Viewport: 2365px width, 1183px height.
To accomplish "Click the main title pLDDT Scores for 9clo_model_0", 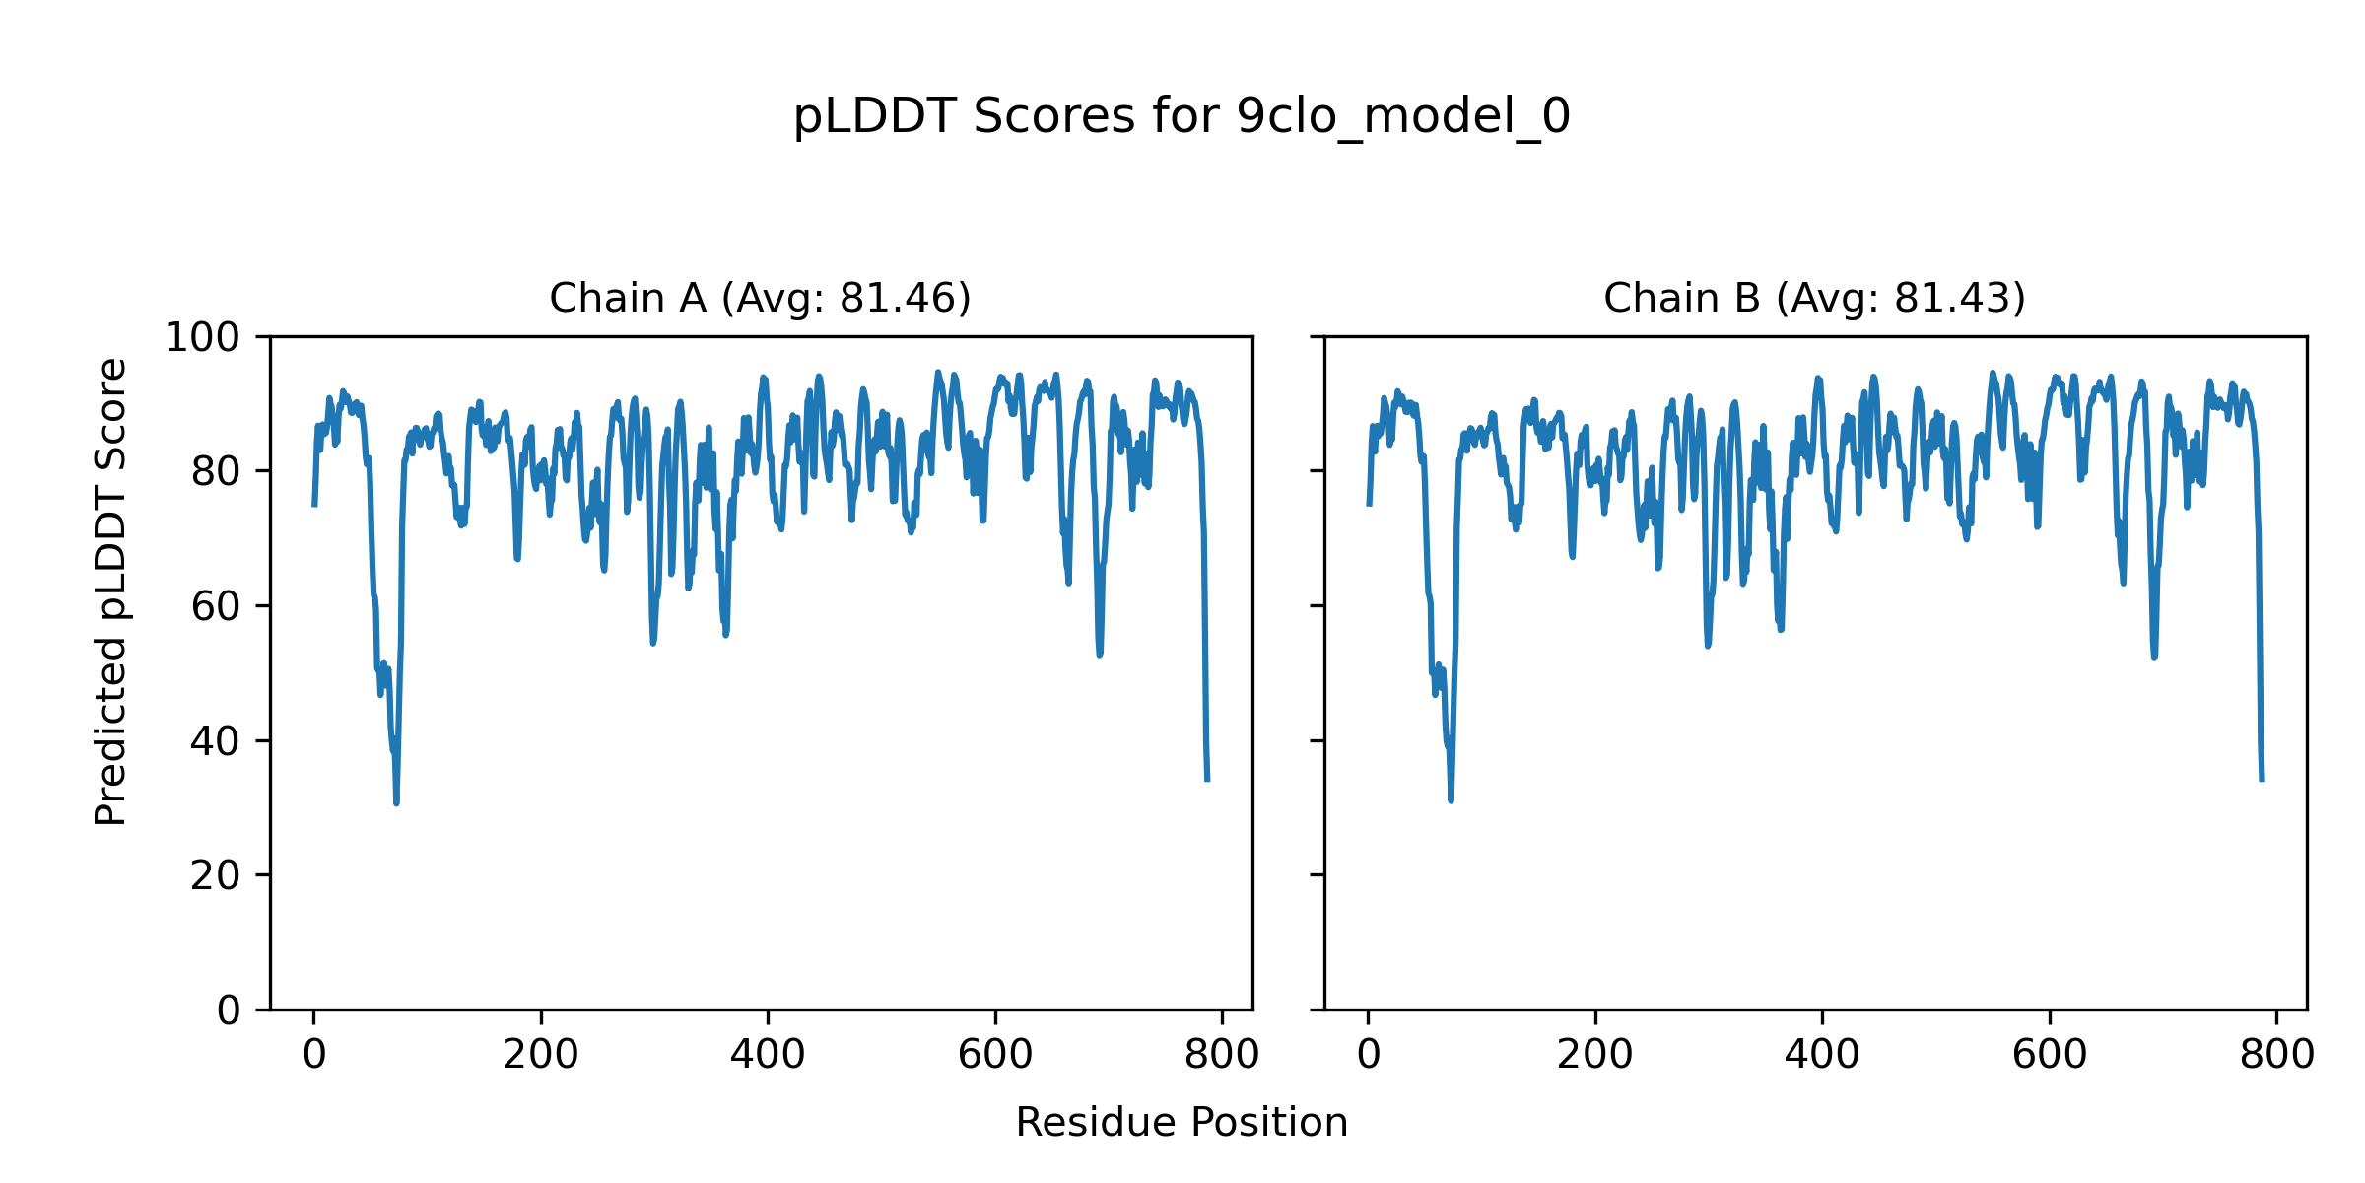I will point(1182,117).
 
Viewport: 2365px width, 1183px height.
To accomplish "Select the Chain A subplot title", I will point(760,298).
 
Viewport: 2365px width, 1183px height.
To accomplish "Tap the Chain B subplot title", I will point(1814,298).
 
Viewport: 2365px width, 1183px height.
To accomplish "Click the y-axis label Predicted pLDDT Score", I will point(110,591).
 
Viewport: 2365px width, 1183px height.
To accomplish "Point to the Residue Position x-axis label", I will point(1182,1123).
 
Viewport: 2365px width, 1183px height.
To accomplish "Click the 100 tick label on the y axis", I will point(202,338).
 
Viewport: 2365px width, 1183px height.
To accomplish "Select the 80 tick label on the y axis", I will point(215,472).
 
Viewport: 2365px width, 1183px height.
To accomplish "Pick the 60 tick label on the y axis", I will point(215,607).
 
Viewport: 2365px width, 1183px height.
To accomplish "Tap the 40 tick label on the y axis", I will point(215,741).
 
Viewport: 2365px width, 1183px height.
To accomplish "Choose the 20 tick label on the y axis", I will point(215,875).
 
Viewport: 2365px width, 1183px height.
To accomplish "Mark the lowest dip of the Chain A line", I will point(396,803).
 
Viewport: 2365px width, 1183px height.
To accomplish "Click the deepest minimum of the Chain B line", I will point(1451,800).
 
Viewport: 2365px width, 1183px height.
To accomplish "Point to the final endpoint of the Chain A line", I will point(1207,781).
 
